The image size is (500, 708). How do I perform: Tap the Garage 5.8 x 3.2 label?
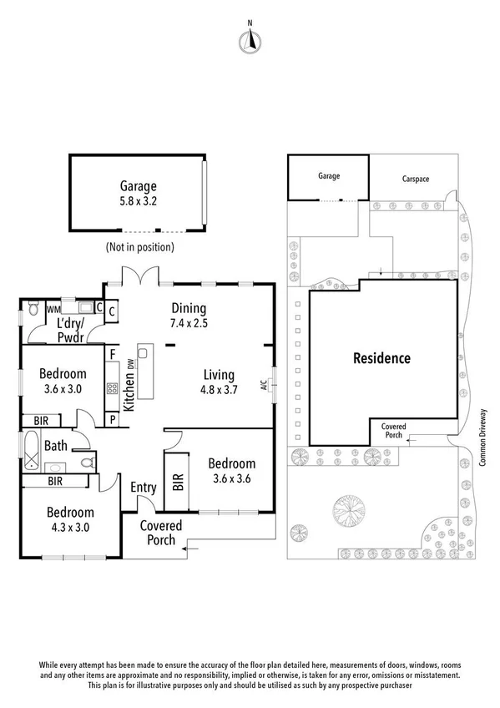pyautogui.click(x=138, y=194)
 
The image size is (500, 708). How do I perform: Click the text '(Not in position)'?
pyautogui.click(x=139, y=247)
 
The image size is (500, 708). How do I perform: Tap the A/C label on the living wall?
pyautogui.click(x=263, y=385)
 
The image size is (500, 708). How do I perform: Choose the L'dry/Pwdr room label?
pyautogui.click(x=73, y=329)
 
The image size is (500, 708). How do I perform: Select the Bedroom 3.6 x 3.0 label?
pyautogui.click(x=63, y=382)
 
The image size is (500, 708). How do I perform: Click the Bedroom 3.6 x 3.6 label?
pyautogui.click(x=233, y=471)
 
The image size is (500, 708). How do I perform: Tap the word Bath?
pyautogui.click(x=55, y=447)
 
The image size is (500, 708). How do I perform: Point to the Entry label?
pyautogui.click(x=143, y=488)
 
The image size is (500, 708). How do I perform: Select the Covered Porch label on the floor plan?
pyautogui.click(x=157, y=533)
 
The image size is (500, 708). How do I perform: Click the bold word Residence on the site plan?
pyautogui.click(x=381, y=358)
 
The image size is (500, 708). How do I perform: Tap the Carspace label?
pyautogui.click(x=414, y=178)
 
